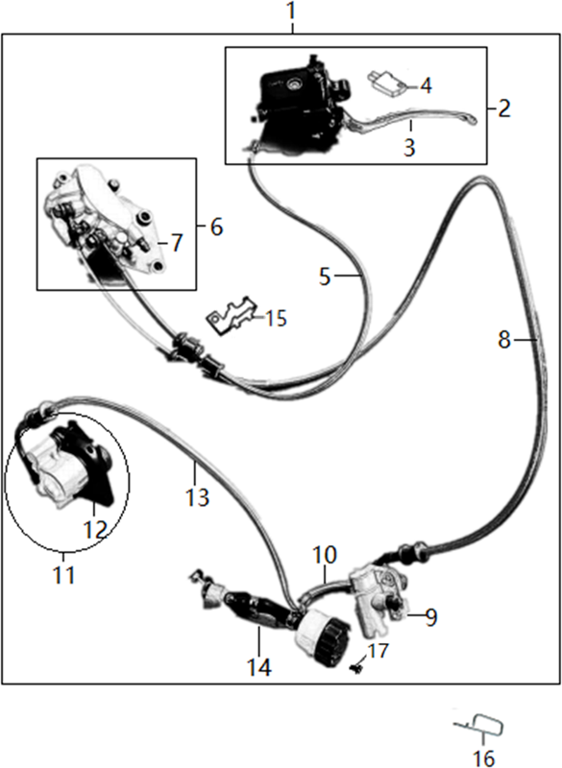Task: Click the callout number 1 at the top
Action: tap(291, 12)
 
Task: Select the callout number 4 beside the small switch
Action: tap(426, 85)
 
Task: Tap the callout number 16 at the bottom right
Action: tap(484, 757)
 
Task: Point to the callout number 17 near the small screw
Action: tap(379, 651)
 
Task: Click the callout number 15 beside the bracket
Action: tap(276, 319)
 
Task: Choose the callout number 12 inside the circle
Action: tap(95, 529)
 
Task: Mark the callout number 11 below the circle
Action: tap(64, 574)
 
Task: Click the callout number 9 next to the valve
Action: tap(430, 617)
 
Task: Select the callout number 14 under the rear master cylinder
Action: tap(258, 667)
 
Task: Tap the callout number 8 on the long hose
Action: tap(504, 340)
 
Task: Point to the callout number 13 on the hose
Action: tap(197, 497)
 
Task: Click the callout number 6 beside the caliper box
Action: tap(216, 228)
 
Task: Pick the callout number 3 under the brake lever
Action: tap(409, 147)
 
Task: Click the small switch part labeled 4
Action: tap(387, 82)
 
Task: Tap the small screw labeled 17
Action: tap(356, 667)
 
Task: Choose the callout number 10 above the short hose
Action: tap(325, 556)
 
